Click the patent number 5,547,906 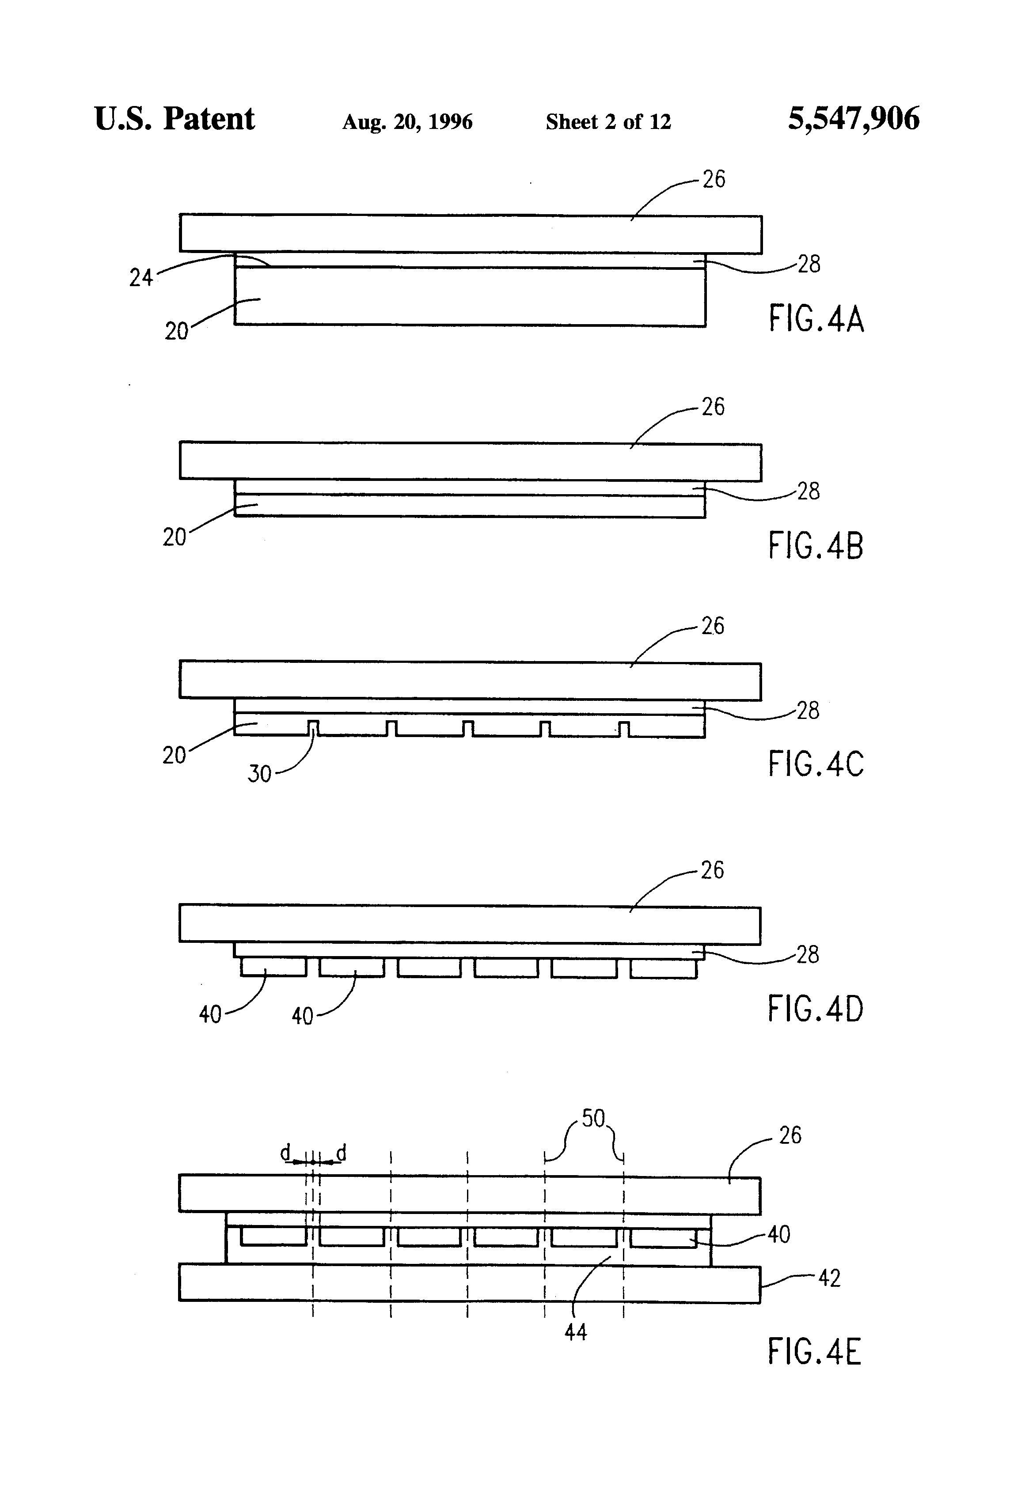click(853, 119)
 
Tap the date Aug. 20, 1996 click(407, 122)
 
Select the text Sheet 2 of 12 click(608, 122)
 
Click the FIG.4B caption click(816, 545)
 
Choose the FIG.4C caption click(816, 764)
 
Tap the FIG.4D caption click(816, 1008)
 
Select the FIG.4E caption click(814, 1352)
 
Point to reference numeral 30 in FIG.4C click(259, 774)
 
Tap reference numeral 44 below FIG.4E click(575, 1332)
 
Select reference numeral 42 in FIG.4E click(829, 1278)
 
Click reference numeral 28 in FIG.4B click(808, 492)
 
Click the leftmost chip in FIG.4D click(273, 968)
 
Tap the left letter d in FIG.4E click(285, 1153)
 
